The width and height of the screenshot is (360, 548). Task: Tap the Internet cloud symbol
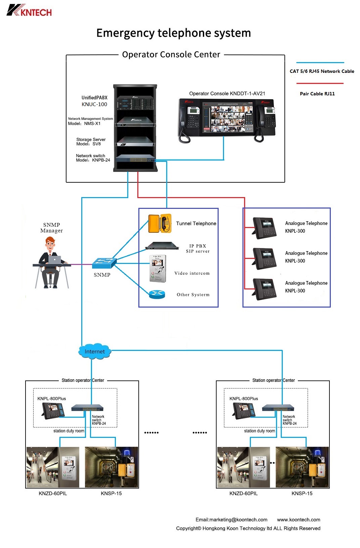(95, 351)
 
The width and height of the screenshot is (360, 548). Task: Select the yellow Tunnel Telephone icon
(160, 223)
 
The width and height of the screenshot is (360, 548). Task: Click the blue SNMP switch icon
(104, 263)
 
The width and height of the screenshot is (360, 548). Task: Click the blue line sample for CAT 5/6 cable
(320, 63)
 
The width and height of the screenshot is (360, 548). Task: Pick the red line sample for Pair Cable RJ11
(320, 84)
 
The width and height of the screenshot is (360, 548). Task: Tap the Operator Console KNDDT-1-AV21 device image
(227, 120)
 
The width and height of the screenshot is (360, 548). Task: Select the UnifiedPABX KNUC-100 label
(94, 101)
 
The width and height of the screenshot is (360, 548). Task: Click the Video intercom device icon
(157, 269)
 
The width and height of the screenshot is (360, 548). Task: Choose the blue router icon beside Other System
(157, 294)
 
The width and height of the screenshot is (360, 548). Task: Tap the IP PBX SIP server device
(162, 246)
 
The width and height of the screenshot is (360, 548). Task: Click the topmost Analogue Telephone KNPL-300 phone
(265, 228)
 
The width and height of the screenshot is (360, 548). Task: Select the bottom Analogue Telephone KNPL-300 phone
(265, 289)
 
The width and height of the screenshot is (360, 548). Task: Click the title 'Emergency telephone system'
(173, 33)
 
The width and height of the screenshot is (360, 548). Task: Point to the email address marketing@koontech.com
(231, 519)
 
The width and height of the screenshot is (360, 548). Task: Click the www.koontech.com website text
(299, 519)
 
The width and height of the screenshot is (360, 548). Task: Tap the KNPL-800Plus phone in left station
(53, 410)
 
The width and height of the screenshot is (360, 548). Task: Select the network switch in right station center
(278, 408)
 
